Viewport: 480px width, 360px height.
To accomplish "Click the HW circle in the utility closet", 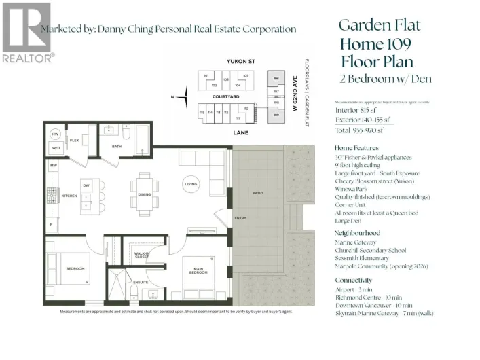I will (56, 134).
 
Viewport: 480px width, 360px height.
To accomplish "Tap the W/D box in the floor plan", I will (56, 147).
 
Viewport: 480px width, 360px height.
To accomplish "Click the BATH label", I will (117, 146).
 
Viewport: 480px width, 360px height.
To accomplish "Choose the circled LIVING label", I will (191, 183).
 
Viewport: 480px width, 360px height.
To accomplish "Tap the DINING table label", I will (144, 195).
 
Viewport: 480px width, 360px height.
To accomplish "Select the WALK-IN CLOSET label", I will (142, 255).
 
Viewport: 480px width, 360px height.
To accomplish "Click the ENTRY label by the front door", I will (240, 217).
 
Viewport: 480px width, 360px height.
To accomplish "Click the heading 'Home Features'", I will (356, 147).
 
